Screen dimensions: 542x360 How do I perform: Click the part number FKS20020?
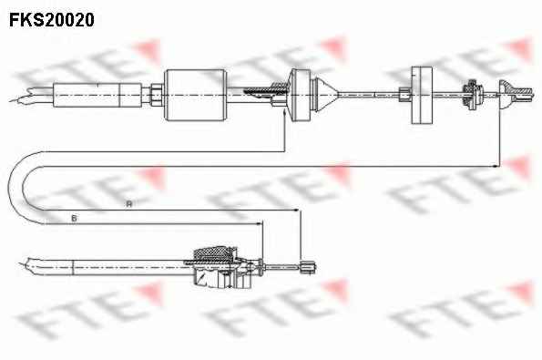52,20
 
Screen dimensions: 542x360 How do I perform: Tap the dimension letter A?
129,204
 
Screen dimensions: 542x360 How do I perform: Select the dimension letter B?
74,219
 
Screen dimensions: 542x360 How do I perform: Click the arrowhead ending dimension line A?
296,210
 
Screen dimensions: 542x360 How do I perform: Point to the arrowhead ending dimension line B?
259,224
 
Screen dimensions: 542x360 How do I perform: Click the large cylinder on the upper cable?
195,95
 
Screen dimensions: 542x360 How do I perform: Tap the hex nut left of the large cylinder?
156,95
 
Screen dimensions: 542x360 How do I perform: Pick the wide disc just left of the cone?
300,95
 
